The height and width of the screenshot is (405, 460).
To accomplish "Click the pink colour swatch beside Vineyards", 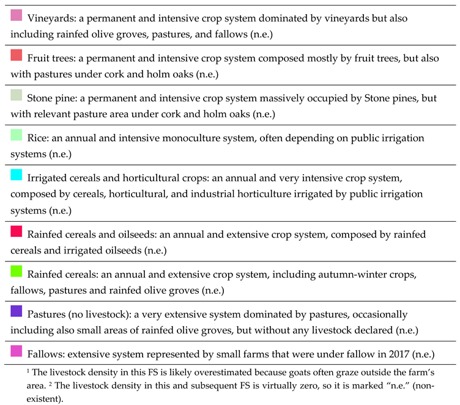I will [x=17, y=15].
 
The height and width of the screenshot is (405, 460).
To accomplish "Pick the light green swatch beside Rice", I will [x=17, y=135].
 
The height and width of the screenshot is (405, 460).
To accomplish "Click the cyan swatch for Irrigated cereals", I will [x=17, y=175].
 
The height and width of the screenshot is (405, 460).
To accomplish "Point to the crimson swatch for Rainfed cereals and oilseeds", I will [x=17, y=230].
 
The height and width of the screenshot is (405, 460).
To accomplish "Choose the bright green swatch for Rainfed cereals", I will [x=17, y=271].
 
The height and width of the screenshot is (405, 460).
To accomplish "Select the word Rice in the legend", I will [x=39, y=138].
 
